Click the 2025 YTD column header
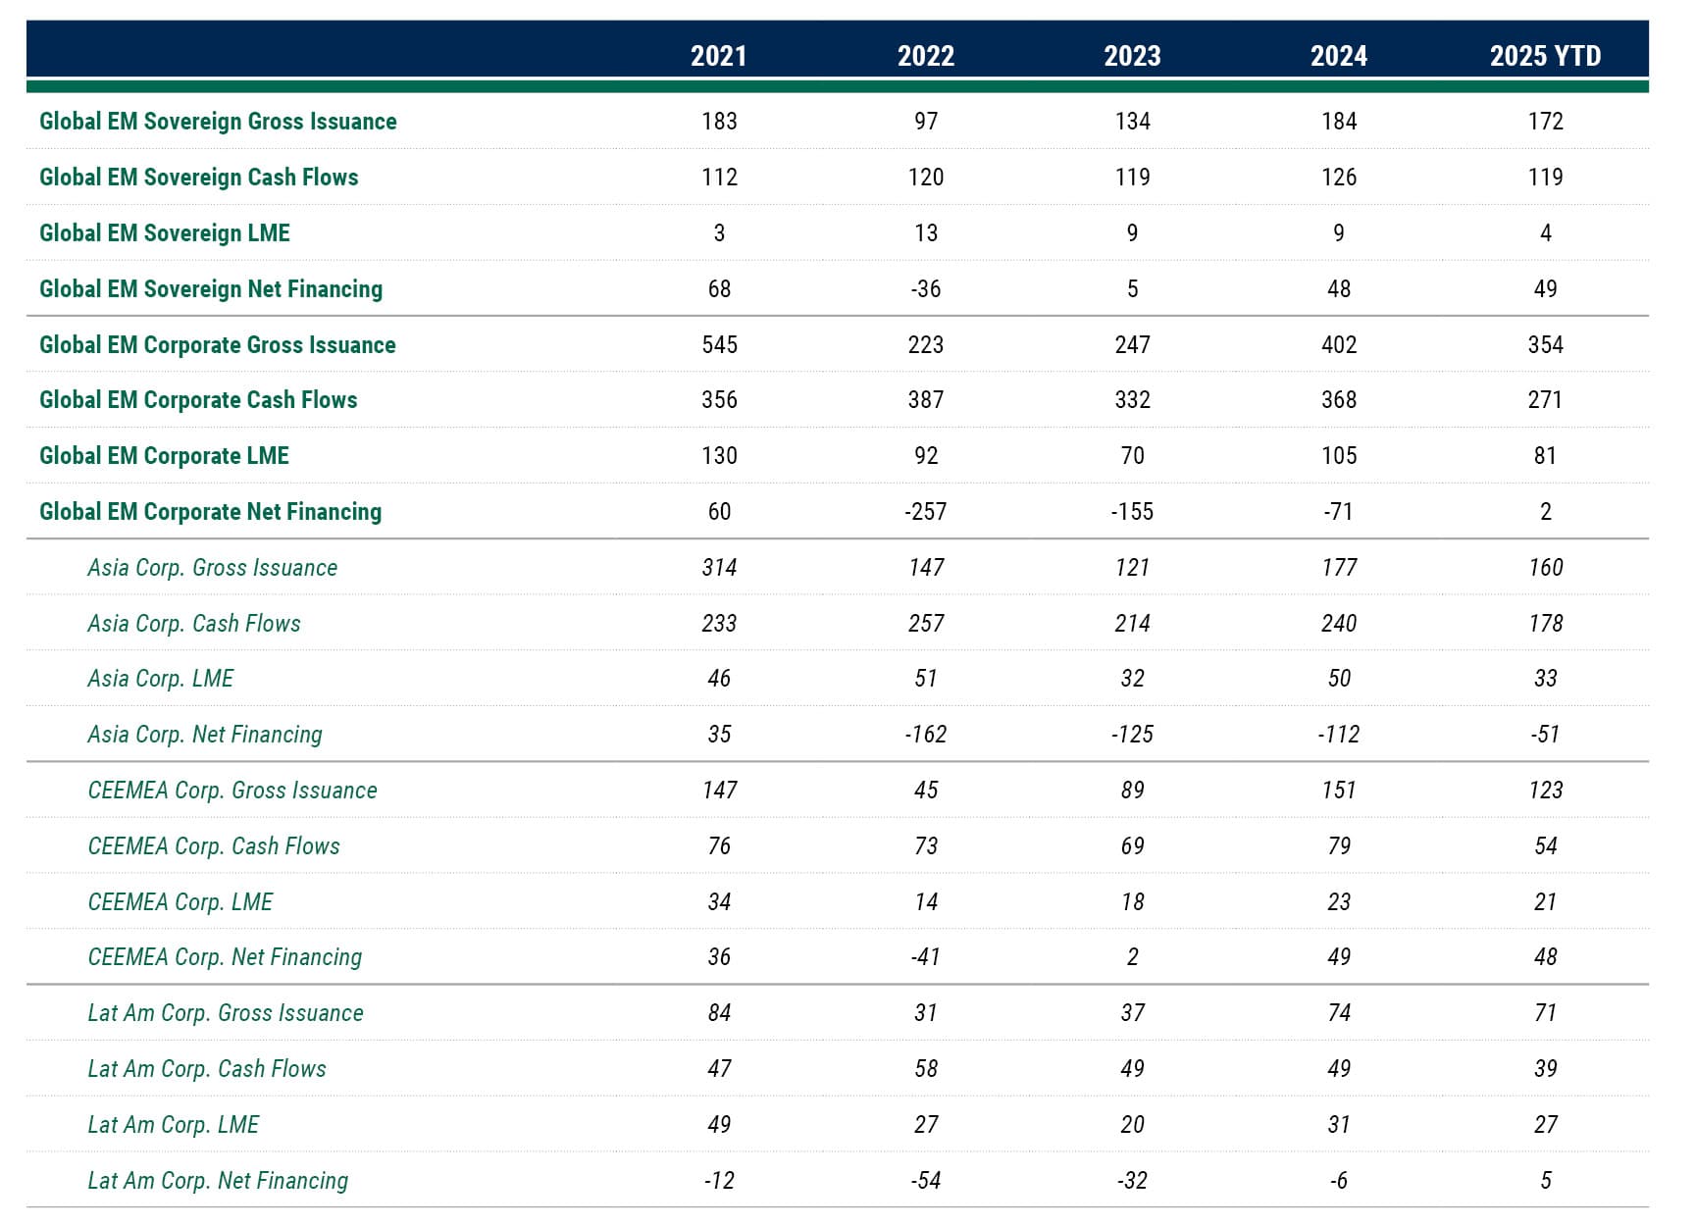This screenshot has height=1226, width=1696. pos(1545,56)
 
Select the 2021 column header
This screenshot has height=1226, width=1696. pos(719,56)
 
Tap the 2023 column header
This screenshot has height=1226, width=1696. pos(1132,56)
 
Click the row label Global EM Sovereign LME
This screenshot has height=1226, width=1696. pos(165,233)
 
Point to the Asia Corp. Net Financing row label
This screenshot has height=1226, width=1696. pos(205,735)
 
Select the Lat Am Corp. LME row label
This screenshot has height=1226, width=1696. pos(174,1125)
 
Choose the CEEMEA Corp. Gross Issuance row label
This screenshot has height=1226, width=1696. pos(232,791)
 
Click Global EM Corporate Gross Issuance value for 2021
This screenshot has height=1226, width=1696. pos(719,345)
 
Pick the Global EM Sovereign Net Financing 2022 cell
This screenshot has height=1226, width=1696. pos(926,289)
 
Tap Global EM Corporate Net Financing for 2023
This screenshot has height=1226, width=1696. pos(1132,512)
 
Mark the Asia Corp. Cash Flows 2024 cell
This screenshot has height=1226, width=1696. pos(1339,624)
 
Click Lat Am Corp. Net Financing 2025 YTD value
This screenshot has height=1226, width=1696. pos(1545,1181)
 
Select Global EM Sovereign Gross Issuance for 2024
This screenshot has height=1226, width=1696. pos(1339,122)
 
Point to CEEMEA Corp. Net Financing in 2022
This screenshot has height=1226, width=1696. pos(926,957)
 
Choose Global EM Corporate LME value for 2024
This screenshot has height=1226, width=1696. pos(1339,456)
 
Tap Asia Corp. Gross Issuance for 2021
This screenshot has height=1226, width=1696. pos(719,568)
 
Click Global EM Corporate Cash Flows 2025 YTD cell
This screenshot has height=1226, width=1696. pos(1545,400)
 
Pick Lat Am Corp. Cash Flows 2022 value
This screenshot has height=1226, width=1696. pos(926,1069)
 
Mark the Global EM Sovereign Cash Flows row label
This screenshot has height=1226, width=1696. pos(199,178)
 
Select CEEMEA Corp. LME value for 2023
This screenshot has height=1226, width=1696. pos(1132,902)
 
